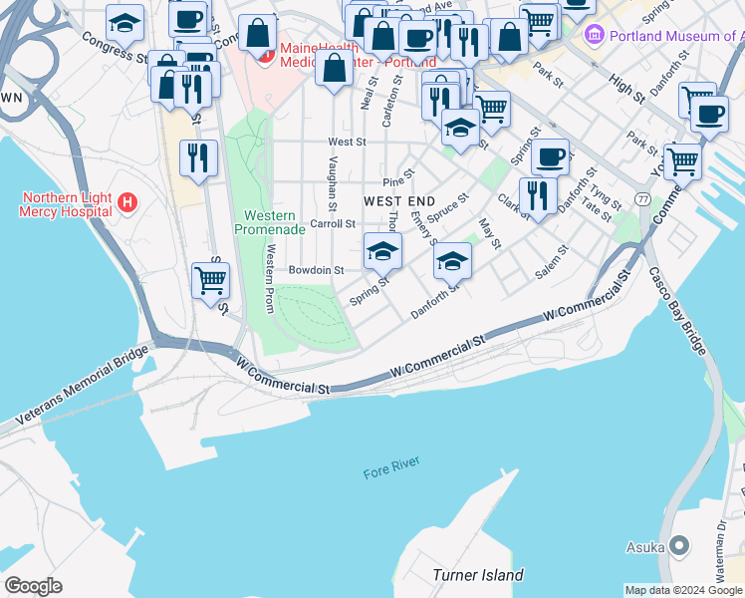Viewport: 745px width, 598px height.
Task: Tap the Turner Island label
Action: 478,575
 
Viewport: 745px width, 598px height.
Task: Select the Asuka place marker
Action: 680,545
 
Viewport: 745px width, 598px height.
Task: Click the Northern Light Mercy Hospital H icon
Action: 126,203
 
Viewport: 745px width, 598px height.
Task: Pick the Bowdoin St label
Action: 316,270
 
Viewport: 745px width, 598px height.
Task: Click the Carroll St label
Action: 333,224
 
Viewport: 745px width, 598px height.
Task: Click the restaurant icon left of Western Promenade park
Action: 199,157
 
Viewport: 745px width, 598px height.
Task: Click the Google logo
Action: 33,586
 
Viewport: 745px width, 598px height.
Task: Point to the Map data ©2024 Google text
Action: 682,590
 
